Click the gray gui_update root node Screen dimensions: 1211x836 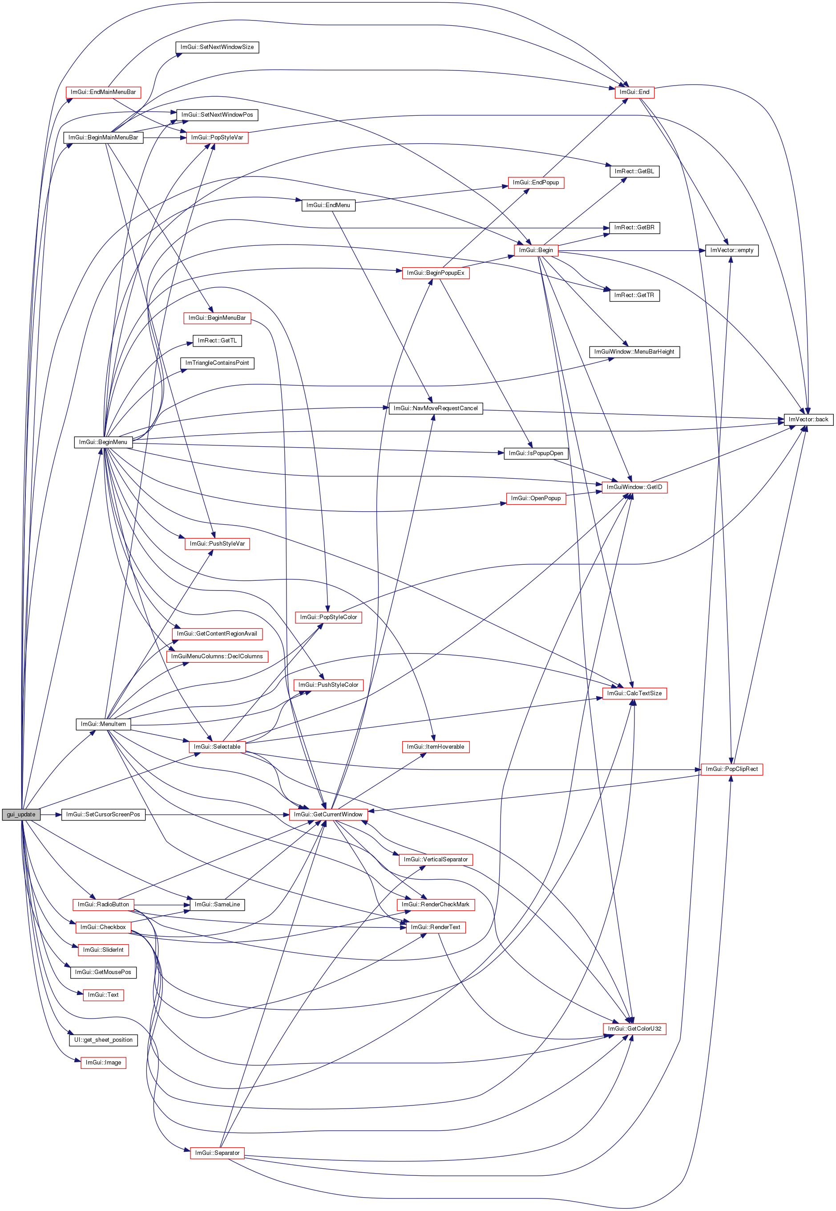point(21,814)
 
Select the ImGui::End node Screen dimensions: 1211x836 point(634,92)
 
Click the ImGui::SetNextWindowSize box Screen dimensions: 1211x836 point(217,47)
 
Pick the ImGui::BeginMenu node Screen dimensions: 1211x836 point(103,442)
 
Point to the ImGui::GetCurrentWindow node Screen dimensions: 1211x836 point(328,814)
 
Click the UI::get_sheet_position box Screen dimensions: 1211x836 point(103,1040)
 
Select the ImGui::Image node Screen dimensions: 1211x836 point(103,1062)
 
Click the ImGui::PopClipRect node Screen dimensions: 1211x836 point(731,769)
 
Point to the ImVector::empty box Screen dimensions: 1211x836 point(731,251)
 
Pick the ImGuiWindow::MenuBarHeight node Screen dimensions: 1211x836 point(634,352)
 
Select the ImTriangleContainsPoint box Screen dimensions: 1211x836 point(217,363)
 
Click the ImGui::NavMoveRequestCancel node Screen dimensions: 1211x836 point(435,408)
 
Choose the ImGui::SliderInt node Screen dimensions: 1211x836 point(103,950)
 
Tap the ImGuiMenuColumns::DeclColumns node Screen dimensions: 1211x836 point(217,656)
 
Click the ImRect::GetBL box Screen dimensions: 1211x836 point(634,171)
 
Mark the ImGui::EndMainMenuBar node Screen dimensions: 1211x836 point(103,92)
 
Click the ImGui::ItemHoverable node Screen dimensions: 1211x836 point(435,746)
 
